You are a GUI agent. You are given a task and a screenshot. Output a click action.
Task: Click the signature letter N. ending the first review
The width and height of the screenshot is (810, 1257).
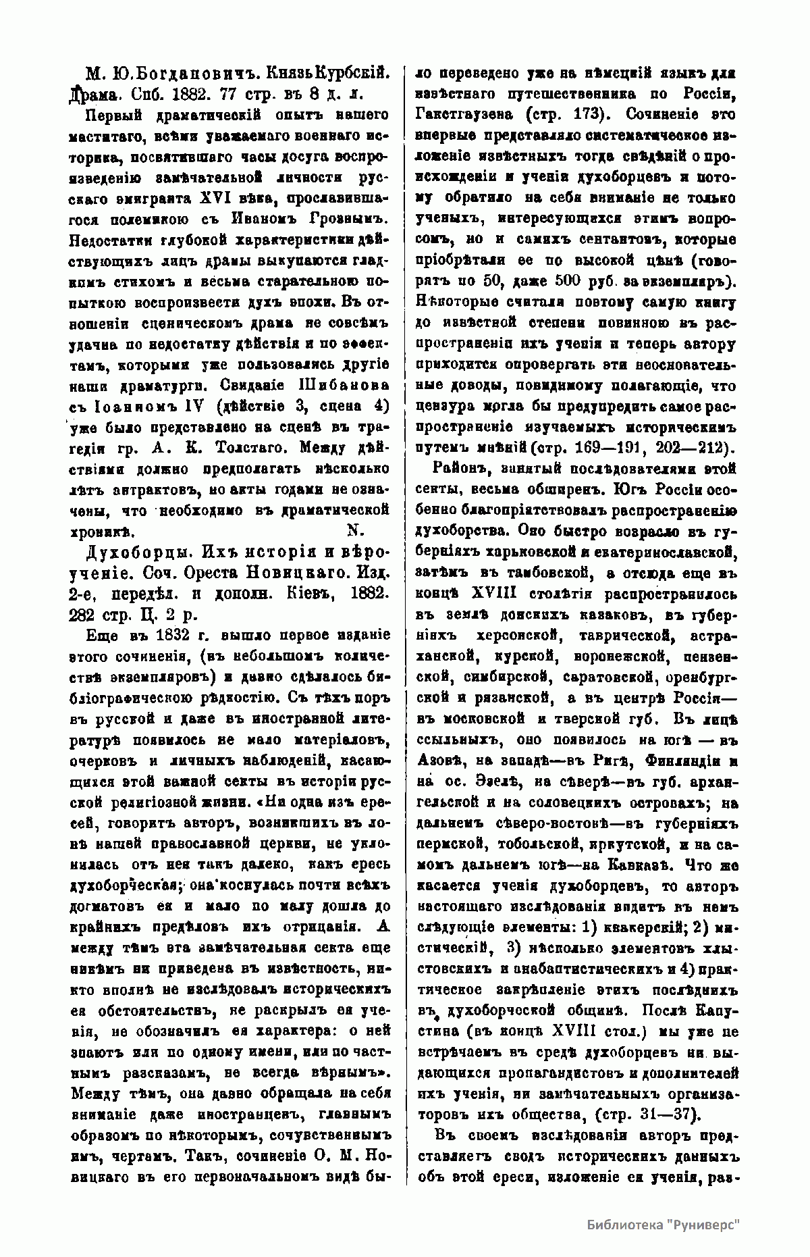click(354, 530)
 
